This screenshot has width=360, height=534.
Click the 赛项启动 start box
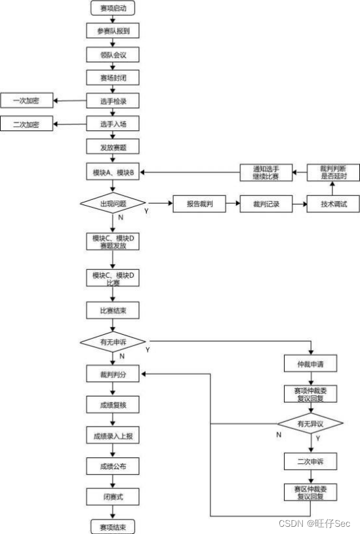tap(113, 8)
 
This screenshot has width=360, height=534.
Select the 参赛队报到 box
tap(113, 31)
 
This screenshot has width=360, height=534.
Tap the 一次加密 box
tap(27, 100)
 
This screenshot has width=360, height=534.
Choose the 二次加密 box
tap(27, 124)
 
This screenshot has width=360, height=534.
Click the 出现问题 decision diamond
tap(113, 203)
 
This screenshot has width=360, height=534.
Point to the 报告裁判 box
tap(199, 204)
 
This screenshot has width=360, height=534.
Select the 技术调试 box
tap(333, 204)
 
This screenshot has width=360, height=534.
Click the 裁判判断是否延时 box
tap(333, 172)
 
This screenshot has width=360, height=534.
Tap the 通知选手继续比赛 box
tap(266, 172)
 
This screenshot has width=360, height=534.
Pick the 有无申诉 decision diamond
tap(113, 341)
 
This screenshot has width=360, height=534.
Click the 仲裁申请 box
tap(311, 364)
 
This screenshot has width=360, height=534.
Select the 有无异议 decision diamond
tap(310, 424)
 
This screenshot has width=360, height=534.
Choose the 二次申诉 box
tap(311, 461)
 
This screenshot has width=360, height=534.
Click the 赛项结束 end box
tap(113, 527)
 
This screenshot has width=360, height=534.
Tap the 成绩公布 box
tap(113, 467)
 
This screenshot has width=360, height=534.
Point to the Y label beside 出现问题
tap(146, 211)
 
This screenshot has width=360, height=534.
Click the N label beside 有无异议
tap(279, 434)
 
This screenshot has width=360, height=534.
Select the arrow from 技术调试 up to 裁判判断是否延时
tap(332, 188)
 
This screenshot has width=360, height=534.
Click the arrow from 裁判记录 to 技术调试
tap(300, 204)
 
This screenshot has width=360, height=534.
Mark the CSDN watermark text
tap(314, 523)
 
